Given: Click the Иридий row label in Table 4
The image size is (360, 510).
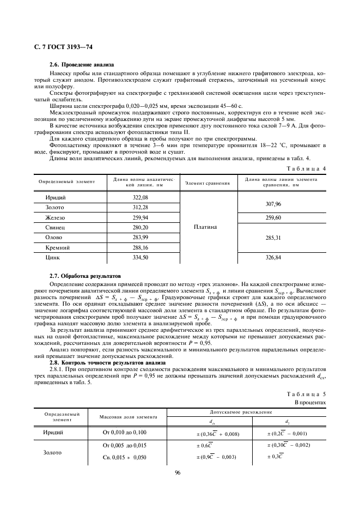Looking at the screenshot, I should (56, 197).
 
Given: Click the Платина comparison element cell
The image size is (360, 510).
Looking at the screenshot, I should (206, 227).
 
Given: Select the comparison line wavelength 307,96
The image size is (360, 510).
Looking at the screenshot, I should (273, 202).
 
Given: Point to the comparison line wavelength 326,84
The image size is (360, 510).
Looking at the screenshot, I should (273, 257).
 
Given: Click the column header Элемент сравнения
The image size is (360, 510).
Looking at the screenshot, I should (206, 183).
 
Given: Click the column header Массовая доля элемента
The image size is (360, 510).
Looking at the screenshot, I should (128, 417).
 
